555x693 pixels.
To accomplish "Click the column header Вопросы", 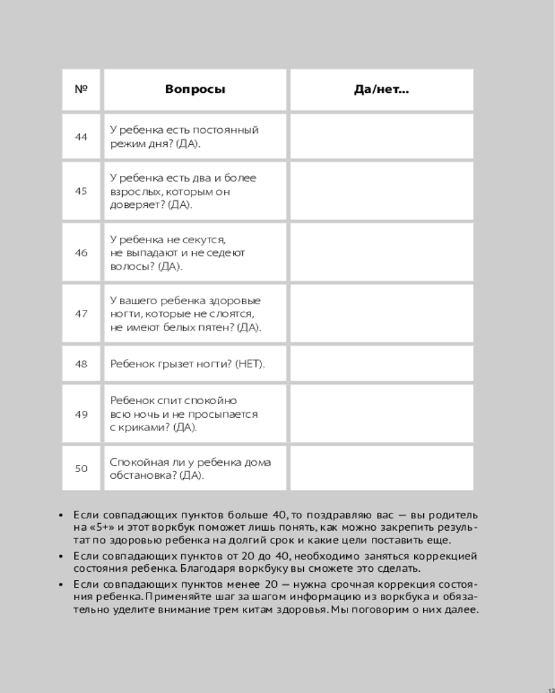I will click(x=195, y=89).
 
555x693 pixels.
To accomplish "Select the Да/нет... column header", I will click(x=382, y=89).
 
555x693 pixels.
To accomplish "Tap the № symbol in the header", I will click(x=81, y=89).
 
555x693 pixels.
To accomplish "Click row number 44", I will click(x=81, y=137).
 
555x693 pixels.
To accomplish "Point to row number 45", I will click(x=81, y=191).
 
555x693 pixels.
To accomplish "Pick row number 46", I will click(x=81, y=253).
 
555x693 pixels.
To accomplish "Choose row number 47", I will click(x=81, y=314).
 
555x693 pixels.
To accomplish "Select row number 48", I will click(x=81, y=364).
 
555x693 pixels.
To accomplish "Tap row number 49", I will click(x=81, y=414).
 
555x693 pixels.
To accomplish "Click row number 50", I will click(x=81, y=468).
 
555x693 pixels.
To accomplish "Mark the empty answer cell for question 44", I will click(x=382, y=137).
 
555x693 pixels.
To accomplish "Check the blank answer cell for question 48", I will click(x=382, y=364).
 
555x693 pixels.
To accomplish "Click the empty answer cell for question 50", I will click(x=382, y=468).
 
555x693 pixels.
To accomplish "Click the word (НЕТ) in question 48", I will click(x=250, y=364).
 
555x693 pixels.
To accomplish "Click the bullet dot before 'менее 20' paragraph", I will click(x=62, y=584).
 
